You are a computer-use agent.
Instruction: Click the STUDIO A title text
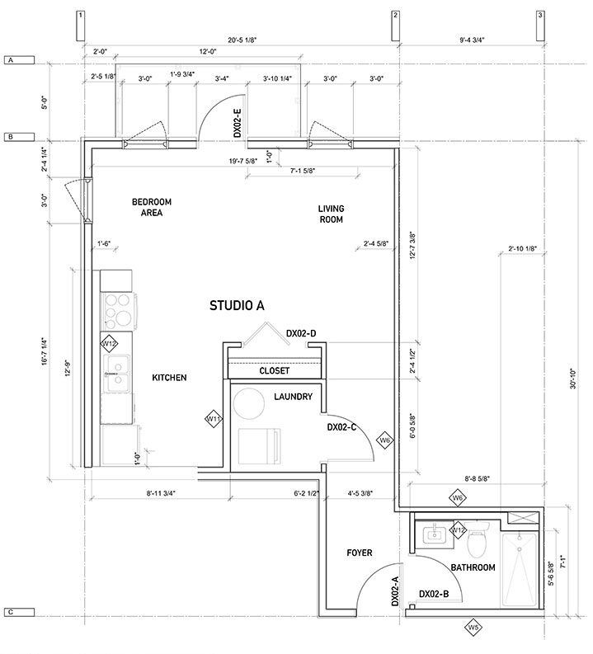pyautogui.click(x=237, y=305)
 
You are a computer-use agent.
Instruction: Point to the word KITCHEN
pyautogui.click(x=169, y=378)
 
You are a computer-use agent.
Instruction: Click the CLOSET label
pyautogui.click(x=274, y=371)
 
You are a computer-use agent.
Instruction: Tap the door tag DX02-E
pyautogui.click(x=237, y=124)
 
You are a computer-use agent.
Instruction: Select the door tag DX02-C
pyautogui.click(x=341, y=428)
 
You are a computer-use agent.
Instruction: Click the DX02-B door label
pyautogui.click(x=434, y=594)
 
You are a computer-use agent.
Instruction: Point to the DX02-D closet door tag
pyautogui.click(x=302, y=333)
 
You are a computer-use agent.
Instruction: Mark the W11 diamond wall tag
pyautogui.click(x=214, y=419)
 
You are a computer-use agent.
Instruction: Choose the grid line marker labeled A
pyautogui.click(x=12, y=61)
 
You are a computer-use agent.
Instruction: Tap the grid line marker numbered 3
pyautogui.click(x=539, y=16)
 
